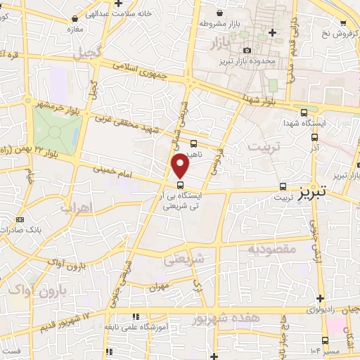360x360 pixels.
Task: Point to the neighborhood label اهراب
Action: coord(77,208)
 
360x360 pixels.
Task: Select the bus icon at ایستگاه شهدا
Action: coord(304,112)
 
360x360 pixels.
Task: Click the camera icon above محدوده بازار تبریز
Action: coord(247,51)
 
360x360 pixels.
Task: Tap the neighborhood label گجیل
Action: coord(90,51)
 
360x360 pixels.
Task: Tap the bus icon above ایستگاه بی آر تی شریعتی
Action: coord(180,186)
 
